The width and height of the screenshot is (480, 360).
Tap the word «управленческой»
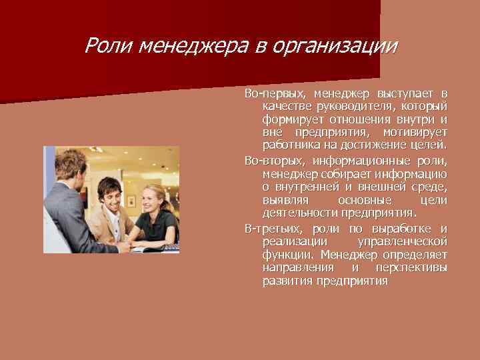tap(402, 241)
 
